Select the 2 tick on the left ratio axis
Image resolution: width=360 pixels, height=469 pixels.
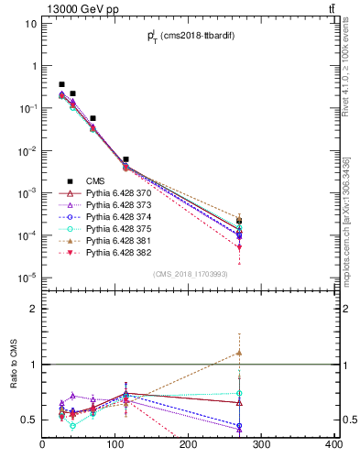point(33,309)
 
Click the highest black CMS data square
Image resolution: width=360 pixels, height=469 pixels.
point(61,84)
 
